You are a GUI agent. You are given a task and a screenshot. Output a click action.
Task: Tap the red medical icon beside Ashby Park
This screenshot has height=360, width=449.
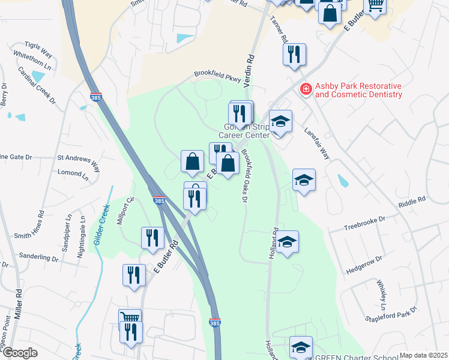click(306, 89)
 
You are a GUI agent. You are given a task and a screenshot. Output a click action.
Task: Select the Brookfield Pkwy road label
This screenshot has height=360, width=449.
click(217, 77)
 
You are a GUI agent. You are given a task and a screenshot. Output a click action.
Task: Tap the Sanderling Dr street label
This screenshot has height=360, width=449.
click(38, 259)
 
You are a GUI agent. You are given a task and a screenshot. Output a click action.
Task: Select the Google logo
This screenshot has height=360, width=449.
click(19, 353)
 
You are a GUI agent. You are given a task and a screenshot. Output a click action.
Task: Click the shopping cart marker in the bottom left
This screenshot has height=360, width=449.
click(130, 318)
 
